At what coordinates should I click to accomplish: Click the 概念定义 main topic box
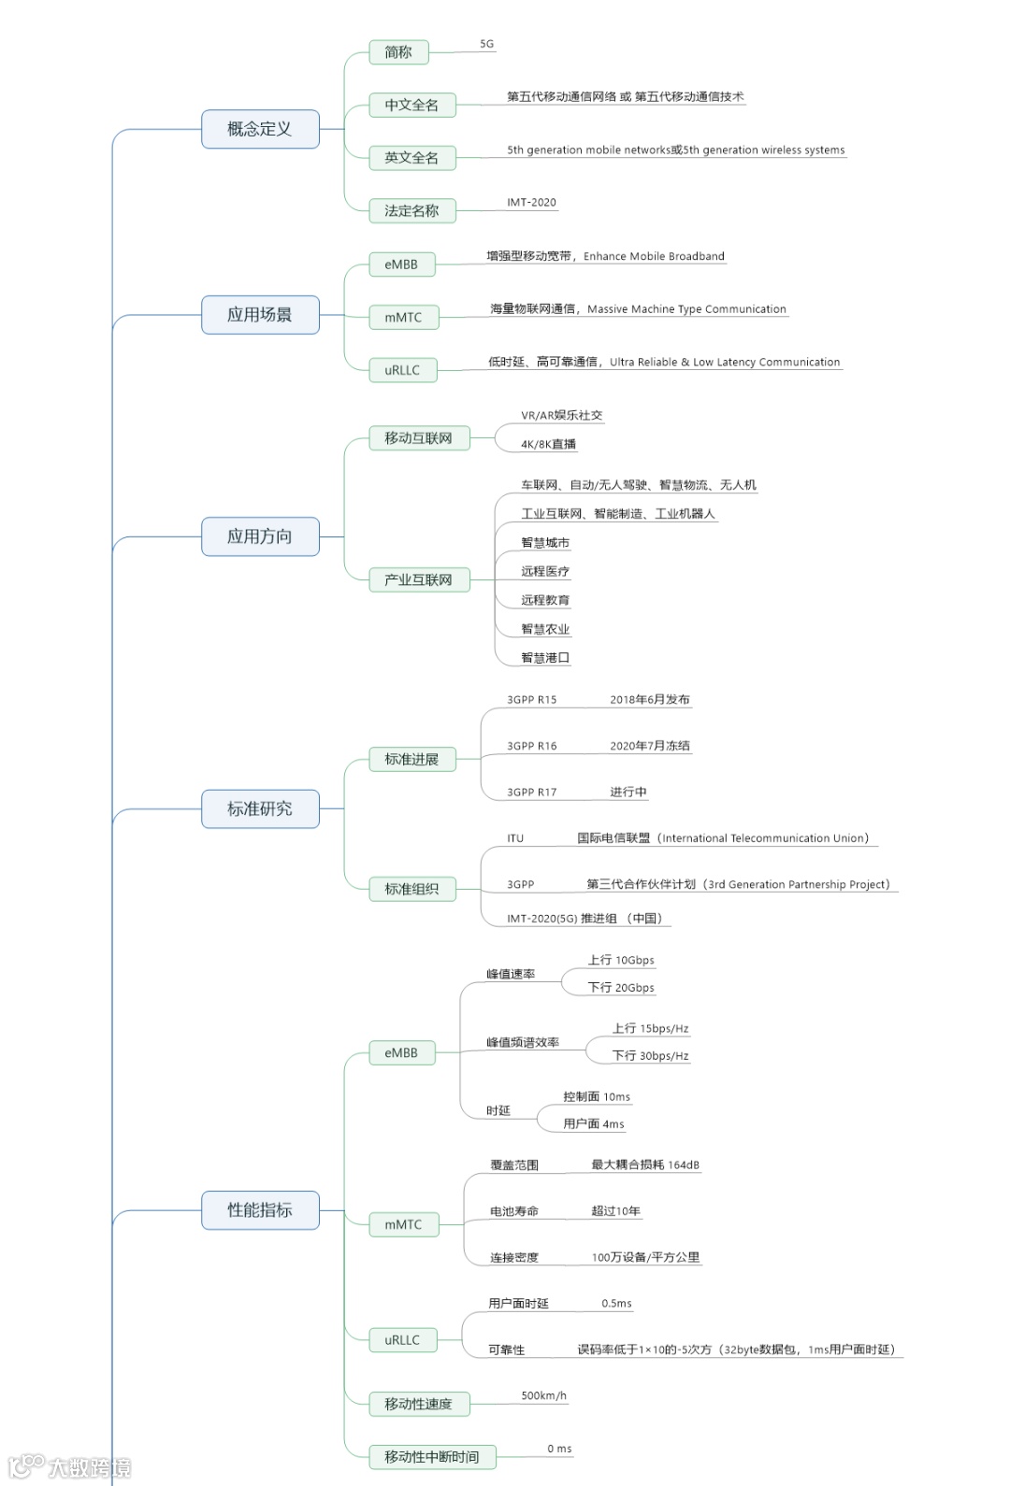260,129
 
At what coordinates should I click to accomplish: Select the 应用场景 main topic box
260,315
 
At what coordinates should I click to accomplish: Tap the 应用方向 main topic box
260,536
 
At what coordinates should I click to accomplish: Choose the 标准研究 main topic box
260,808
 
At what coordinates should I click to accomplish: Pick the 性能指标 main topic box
260,1210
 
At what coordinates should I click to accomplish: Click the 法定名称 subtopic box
411,210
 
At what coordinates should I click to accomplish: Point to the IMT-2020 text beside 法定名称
531,202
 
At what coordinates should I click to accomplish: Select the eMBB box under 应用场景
401,264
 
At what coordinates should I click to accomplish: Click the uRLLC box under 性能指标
402,1340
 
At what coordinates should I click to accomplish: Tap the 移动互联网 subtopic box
418,437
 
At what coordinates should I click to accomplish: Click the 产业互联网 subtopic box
418,579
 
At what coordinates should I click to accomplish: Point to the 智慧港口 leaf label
545,658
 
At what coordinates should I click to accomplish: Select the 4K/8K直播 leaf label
548,444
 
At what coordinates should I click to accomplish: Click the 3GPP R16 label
531,746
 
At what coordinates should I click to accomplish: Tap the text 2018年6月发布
650,699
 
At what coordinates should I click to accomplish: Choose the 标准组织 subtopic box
411,889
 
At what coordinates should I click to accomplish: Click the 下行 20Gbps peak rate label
621,988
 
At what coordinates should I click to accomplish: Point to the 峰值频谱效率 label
523,1042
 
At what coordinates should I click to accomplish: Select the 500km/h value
543,1395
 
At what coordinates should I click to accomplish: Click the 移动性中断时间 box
432,1456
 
